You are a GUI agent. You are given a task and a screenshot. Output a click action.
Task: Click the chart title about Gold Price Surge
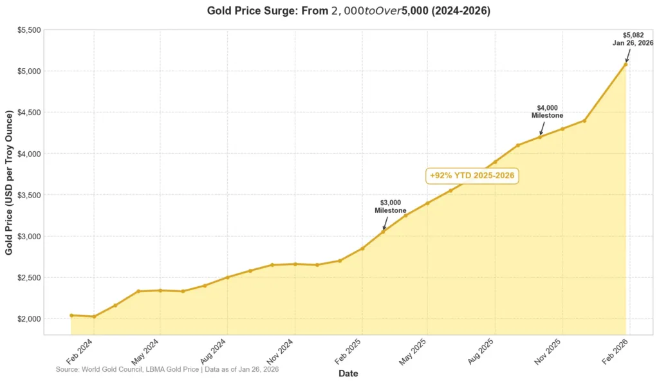[x=348, y=11]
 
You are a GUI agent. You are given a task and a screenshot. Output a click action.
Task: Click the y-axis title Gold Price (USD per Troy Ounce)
[x=9, y=182]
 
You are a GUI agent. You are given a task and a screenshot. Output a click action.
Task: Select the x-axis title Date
[x=348, y=374]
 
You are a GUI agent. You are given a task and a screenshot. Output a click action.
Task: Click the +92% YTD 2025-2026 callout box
[x=472, y=176]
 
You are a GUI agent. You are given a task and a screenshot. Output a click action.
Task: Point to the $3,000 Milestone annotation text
[x=391, y=206]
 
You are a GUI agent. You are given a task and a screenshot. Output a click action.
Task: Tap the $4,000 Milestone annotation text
[x=547, y=111]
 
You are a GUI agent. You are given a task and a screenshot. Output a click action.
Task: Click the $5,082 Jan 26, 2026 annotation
[x=633, y=39]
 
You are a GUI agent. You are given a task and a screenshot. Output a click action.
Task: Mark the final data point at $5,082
[x=626, y=64]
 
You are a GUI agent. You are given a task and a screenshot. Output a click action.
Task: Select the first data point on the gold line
[x=71, y=315]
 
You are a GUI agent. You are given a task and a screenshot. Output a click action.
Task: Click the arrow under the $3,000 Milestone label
[x=386, y=223]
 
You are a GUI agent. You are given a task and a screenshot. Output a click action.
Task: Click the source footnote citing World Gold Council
[x=167, y=370]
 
